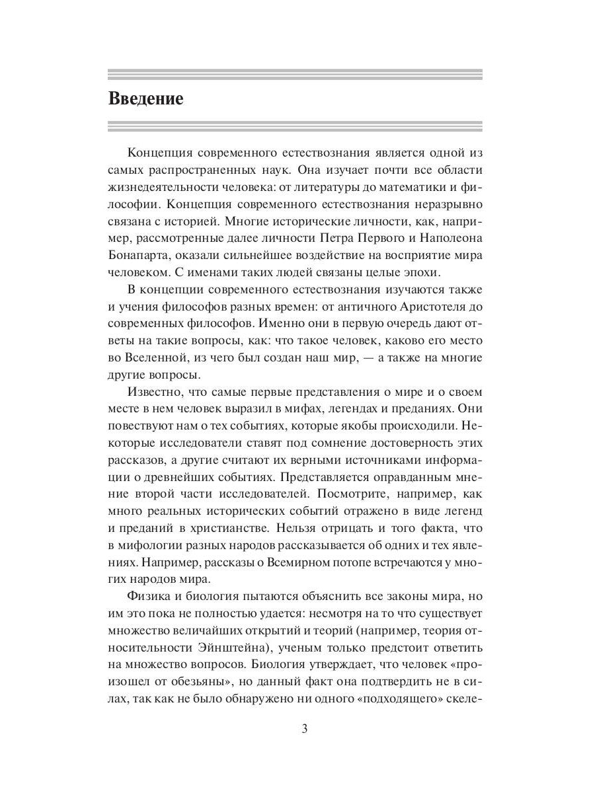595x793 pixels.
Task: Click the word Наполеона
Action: click(x=452, y=237)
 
